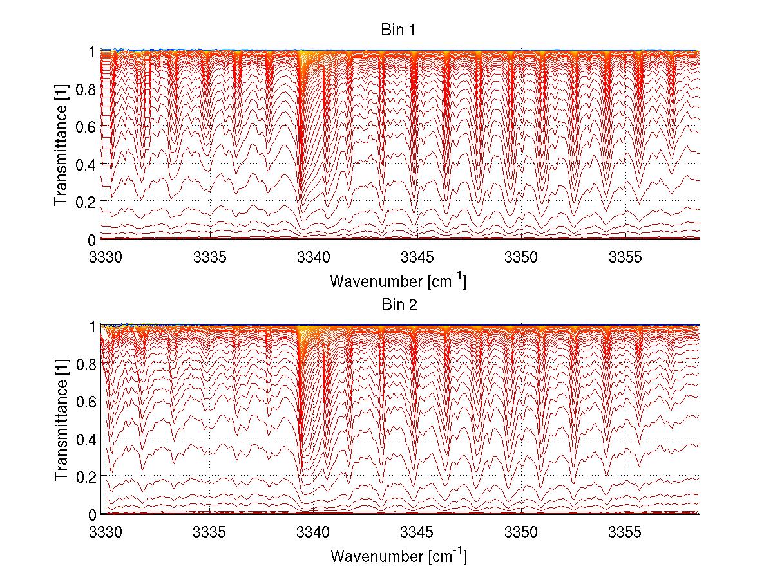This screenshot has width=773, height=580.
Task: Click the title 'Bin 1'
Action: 399,31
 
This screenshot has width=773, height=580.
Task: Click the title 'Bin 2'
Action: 399,305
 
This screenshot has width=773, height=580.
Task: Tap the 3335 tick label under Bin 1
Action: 210,257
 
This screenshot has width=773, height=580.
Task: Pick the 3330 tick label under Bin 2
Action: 106,532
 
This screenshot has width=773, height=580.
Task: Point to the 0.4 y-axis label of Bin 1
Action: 86,164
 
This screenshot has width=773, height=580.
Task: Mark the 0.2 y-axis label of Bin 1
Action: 86,201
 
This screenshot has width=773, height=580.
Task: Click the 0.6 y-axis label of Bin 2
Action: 86,401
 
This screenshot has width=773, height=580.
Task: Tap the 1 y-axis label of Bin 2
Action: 92,326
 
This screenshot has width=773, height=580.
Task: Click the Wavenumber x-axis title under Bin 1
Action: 398,281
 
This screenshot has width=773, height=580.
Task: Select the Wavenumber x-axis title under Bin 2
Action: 398,556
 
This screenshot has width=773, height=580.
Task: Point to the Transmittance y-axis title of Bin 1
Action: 61,145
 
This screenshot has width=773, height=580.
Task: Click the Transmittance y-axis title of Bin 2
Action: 61,420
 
